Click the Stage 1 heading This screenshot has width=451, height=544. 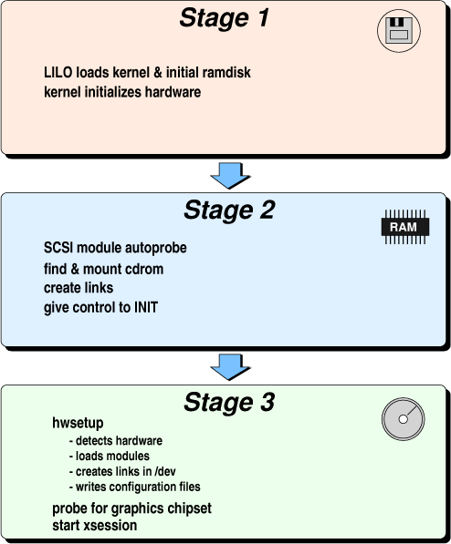[x=225, y=17]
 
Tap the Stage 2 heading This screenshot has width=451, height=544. [x=229, y=210]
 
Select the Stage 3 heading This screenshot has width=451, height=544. [x=229, y=402]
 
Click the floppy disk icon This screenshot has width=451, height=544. [x=399, y=31]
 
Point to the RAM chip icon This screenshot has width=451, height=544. [x=405, y=227]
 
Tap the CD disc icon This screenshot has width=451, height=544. [x=403, y=419]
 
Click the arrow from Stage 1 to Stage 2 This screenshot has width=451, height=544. [x=230, y=176]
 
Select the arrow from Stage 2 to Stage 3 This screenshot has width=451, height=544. [x=230, y=367]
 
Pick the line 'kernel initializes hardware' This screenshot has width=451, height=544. [x=122, y=92]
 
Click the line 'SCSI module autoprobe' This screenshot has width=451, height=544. [x=115, y=248]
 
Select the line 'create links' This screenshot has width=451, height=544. [x=79, y=288]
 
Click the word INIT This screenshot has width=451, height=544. [x=146, y=308]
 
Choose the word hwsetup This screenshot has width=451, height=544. [x=78, y=423]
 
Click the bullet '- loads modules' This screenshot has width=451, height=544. [x=110, y=456]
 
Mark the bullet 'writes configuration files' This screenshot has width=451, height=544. [x=138, y=488]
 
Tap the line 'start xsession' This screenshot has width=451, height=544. [x=95, y=525]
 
